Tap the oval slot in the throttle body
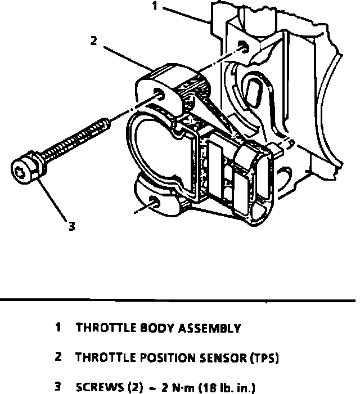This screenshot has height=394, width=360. click(x=254, y=90)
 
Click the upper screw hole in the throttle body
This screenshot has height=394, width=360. click(x=242, y=47)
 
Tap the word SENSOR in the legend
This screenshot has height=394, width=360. click(x=206, y=357)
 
